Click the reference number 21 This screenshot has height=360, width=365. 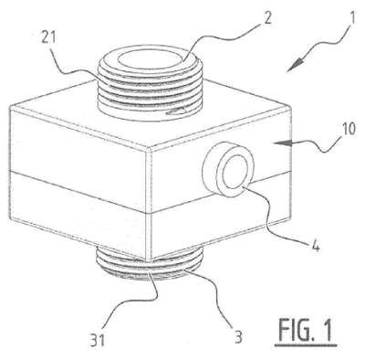click(x=47, y=38)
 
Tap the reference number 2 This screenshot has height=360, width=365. click(x=267, y=19)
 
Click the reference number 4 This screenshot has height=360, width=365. click(x=317, y=246)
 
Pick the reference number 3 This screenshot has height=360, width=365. click(x=239, y=337)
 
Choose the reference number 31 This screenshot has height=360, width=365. click(x=97, y=339)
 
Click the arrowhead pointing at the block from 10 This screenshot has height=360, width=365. click(x=281, y=143)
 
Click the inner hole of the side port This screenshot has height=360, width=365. click(x=235, y=173)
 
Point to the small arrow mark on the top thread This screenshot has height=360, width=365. click(x=176, y=112)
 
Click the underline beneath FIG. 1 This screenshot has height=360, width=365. click(x=306, y=345)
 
